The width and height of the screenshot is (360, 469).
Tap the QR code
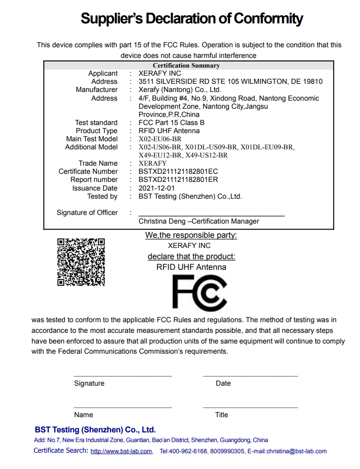(81, 262)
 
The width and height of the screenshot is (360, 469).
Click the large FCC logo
(199, 294)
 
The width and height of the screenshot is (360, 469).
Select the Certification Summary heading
(186, 66)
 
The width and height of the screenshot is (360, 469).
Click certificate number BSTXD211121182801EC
(178, 171)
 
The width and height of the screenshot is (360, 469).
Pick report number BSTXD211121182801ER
(178, 179)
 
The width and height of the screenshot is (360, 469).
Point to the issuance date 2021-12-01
(156, 188)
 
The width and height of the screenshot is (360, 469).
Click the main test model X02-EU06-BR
(160, 139)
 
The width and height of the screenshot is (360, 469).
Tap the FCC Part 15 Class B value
(172, 122)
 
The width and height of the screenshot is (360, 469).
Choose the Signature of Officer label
(87, 212)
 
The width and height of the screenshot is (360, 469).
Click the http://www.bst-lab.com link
(121, 451)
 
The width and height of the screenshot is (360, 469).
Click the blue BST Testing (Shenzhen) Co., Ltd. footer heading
(95, 429)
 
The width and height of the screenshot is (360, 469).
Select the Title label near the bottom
(221, 415)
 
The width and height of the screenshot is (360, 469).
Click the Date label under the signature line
(223, 383)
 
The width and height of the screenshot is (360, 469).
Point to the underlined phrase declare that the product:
(191, 257)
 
